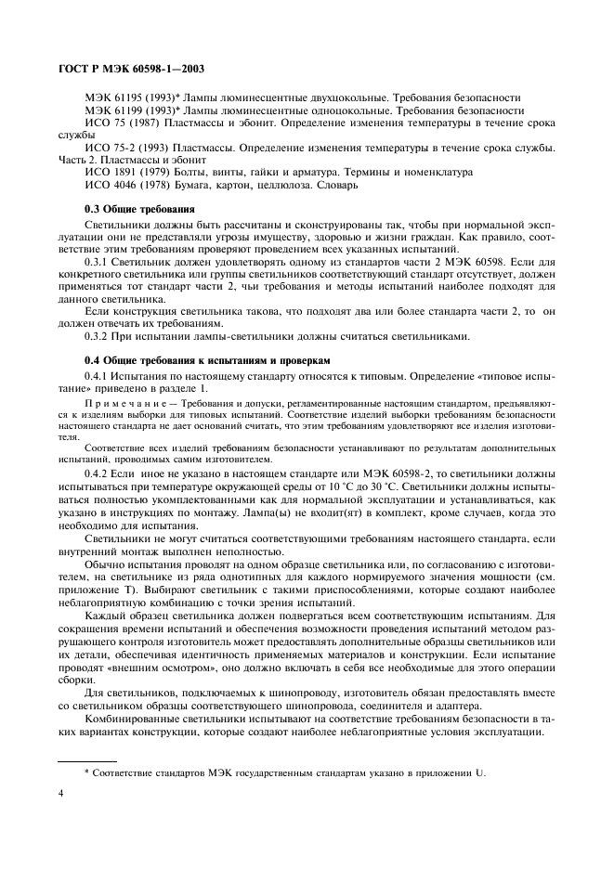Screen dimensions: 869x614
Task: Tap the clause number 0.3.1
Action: click(x=96, y=263)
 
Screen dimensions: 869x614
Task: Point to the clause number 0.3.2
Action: click(x=96, y=335)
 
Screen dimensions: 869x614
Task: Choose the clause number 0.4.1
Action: click(x=96, y=378)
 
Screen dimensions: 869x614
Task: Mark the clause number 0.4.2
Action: click(x=96, y=473)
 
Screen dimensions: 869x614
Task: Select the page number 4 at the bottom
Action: click(x=61, y=794)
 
